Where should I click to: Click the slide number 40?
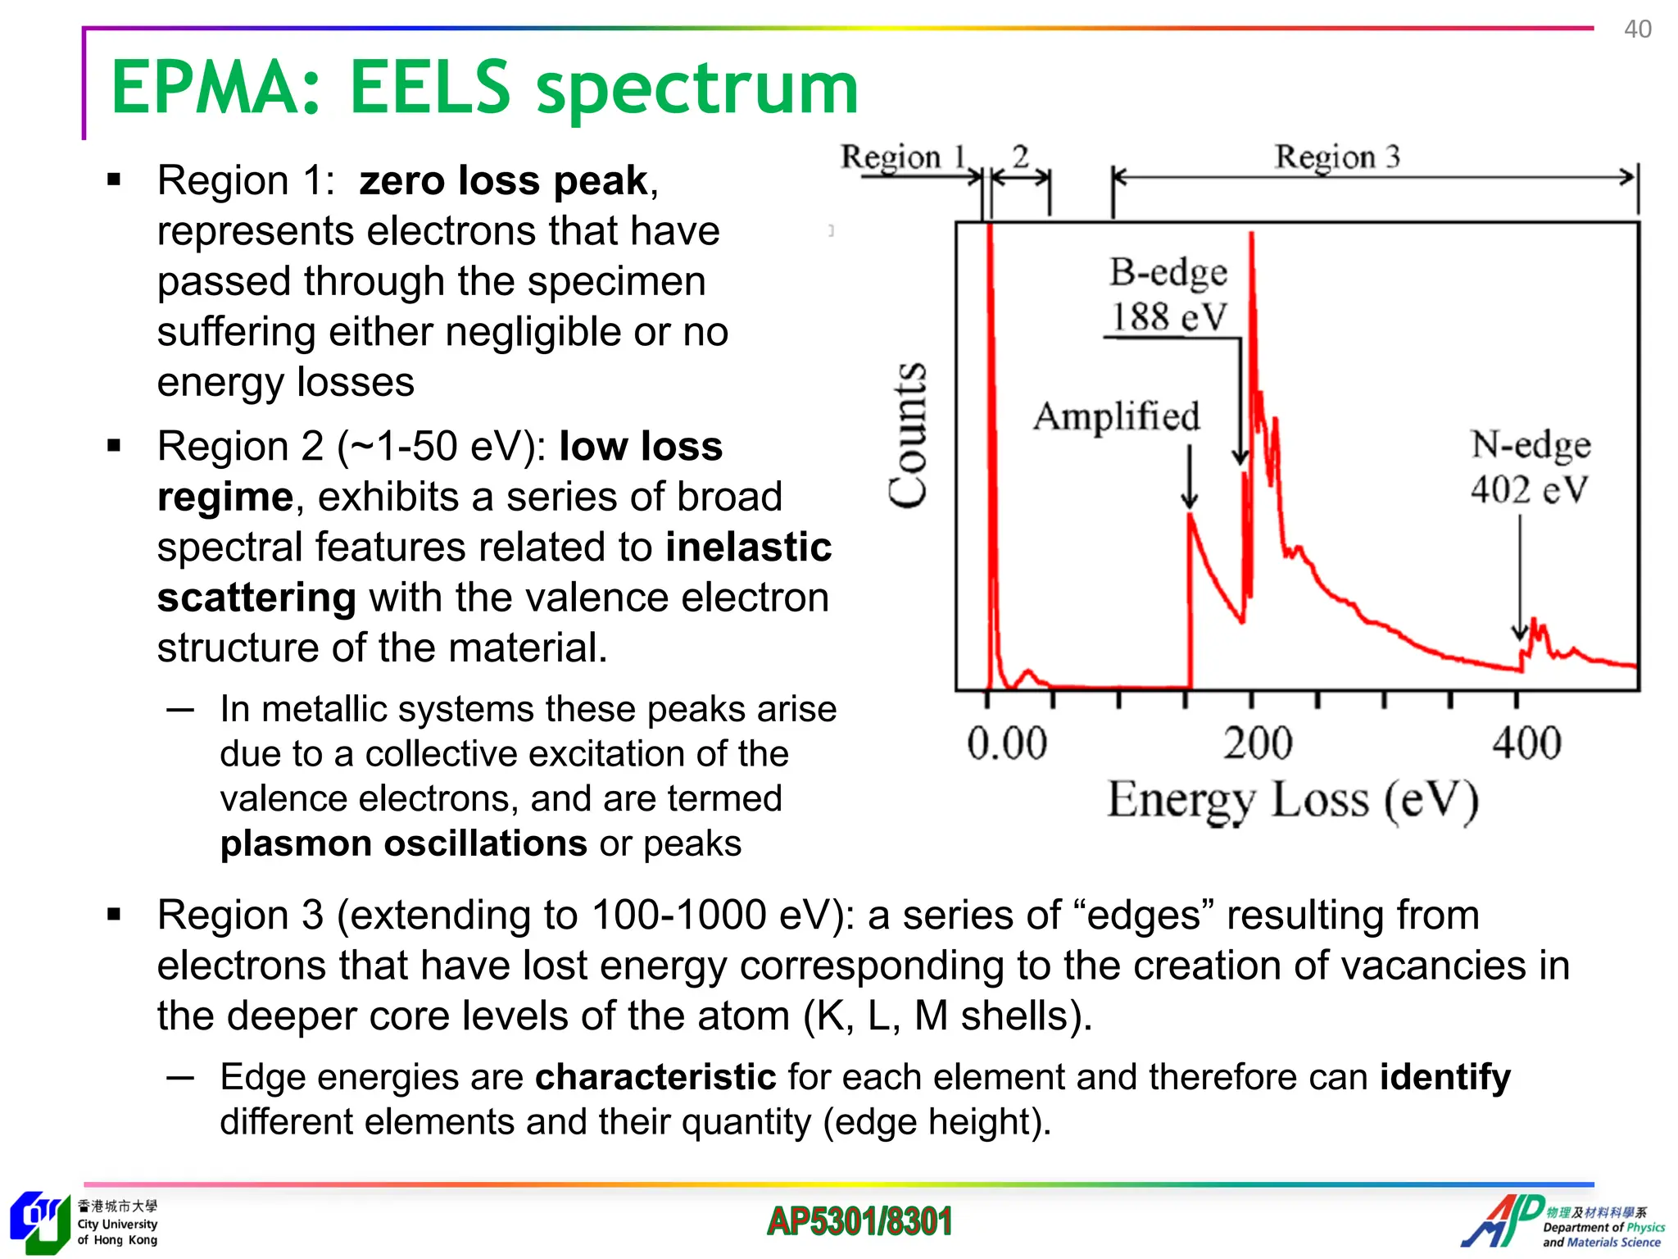[1637, 30]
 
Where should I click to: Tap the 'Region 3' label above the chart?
[1336, 157]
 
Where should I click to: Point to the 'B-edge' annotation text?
[1168, 272]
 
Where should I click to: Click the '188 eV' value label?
[1168, 316]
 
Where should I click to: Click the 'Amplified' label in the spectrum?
[1116, 416]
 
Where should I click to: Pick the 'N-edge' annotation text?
[1531, 444]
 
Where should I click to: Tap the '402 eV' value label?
[1529, 489]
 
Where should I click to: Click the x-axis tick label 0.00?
[1006, 743]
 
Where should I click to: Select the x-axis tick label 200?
[1258, 743]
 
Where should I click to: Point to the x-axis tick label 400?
[1526, 743]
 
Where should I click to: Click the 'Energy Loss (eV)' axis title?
[1293, 800]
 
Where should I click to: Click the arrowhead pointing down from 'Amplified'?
[1190, 499]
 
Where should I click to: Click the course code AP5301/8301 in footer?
[859, 1221]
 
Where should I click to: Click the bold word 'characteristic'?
[655, 1076]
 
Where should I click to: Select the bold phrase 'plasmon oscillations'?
[404, 843]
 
